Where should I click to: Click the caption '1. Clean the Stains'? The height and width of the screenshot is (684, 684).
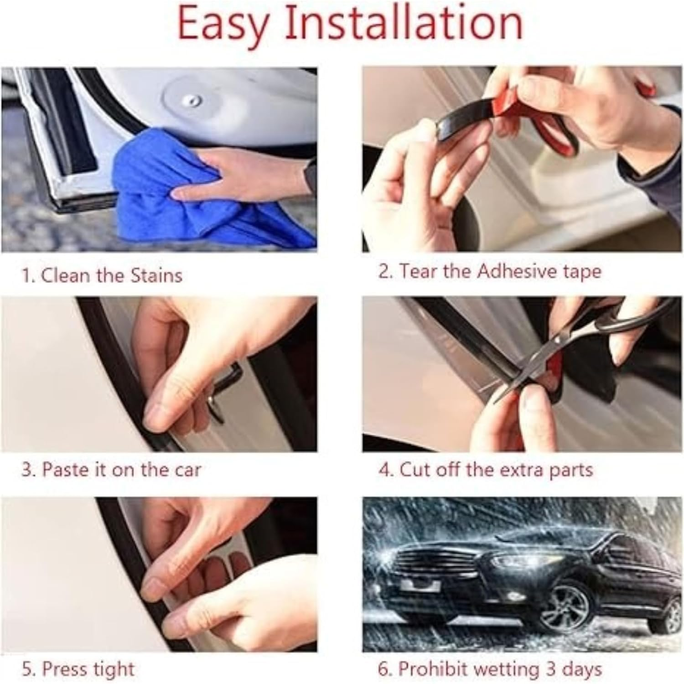[102, 275]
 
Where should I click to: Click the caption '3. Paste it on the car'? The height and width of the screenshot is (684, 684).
[111, 470]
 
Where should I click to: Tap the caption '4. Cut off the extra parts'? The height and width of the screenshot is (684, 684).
[485, 470]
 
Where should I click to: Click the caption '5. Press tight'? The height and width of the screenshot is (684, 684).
[78, 669]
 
